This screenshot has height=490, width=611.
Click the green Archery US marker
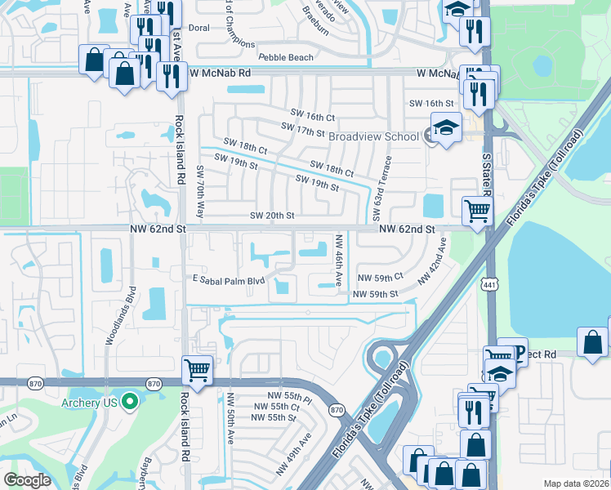tap(129, 401)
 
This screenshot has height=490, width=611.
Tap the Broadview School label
tap(373, 137)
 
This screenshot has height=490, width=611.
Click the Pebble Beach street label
tap(285, 57)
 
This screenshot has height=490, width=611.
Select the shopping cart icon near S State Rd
tap(477, 211)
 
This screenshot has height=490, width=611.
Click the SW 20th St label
tap(271, 216)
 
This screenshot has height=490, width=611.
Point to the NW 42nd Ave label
tap(434, 261)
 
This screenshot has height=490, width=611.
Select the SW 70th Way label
tap(200, 189)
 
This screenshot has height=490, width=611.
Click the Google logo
tap(28, 480)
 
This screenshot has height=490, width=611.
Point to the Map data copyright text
tap(577, 483)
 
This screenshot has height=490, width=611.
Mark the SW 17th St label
tap(303, 130)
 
